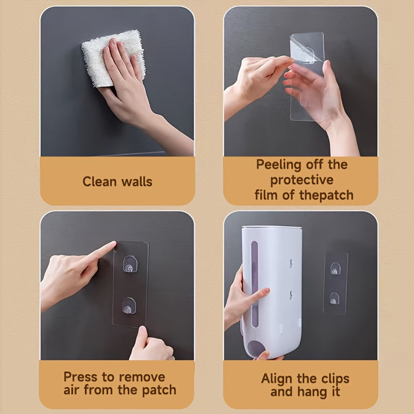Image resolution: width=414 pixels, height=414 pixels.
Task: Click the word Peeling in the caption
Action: click(x=278, y=165)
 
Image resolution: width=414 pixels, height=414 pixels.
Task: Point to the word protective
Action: click(x=302, y=180)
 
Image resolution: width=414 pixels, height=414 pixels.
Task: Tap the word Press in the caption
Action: click(x=81, y=377)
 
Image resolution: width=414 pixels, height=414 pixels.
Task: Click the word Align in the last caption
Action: click(x=277, y=379)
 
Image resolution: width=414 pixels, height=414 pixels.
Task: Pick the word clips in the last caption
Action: click(x=335, y=379)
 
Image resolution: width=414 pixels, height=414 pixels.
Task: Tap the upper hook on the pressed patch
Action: click(x=130, y=264)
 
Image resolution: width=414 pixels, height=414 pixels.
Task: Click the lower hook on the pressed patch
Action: click(x=129, y=306)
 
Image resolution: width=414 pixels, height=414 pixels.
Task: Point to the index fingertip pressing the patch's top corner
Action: click(x=113, y=243)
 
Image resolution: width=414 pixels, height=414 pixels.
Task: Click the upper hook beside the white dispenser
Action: click(x=335, y=269)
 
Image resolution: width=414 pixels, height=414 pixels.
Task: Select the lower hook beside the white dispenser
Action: click(x=334, y=299)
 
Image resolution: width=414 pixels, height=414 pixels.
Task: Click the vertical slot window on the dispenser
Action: click(x=254, y=284)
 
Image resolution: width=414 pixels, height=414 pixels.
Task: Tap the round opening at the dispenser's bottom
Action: click(x=256, y=349)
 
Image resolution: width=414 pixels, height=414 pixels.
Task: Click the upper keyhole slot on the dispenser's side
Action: click(x=291, y=263)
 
